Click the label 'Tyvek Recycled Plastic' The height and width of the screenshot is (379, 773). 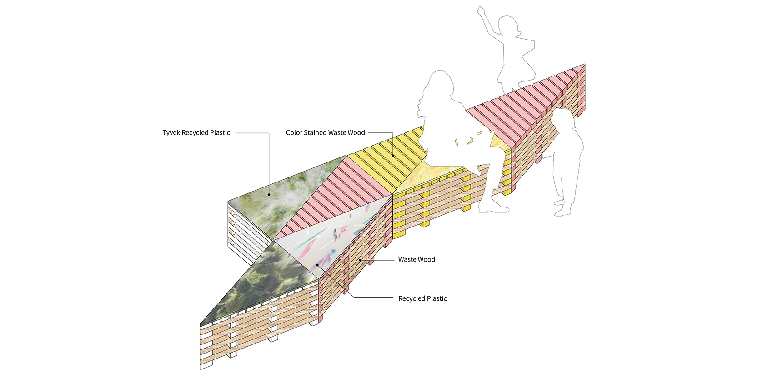coord(196,133)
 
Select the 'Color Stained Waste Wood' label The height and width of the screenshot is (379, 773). coord(325,133)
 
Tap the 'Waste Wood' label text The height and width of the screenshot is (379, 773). coord(417,259)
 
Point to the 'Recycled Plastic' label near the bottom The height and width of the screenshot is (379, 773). coord(422,298)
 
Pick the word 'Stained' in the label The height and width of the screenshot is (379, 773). coord(318,133)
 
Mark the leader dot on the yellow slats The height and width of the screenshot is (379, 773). coord(392,156)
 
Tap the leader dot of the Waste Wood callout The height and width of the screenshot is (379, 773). coord(360,260)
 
